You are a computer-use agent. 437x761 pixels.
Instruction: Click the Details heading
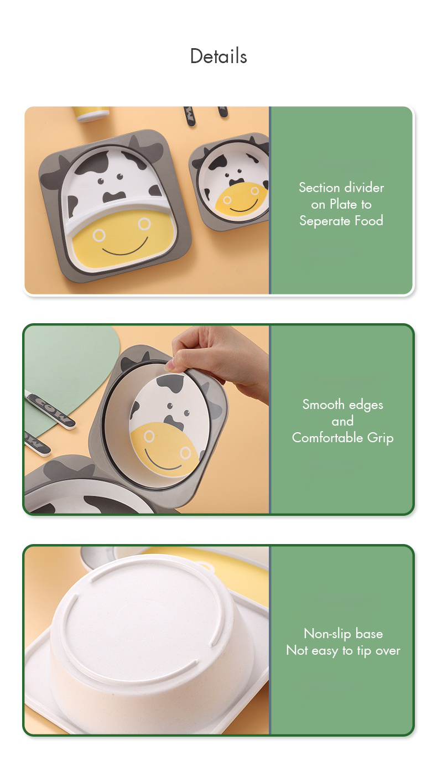click(x=218, y=56)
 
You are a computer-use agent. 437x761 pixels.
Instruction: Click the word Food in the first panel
click(x=369, y=220)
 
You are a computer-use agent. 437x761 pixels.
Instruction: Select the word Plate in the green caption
click(x=344, y=204)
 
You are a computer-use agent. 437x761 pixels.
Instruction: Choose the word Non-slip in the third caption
click(x=327, y=634)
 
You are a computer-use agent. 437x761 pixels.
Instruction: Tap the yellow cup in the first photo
click(x=91, y=113)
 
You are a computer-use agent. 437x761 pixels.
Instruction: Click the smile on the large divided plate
click(x=126, y=247)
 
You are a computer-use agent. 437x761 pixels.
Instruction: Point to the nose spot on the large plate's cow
click(x=114, y=197)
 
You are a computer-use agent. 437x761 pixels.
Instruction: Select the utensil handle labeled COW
click(x=51, y=410)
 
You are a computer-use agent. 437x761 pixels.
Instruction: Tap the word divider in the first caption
click(x=363, y=188)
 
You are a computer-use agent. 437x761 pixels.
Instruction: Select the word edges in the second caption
click(x=366, y=405)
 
